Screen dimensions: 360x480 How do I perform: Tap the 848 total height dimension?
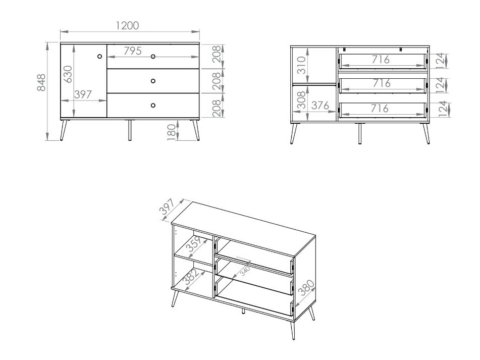(42, 82)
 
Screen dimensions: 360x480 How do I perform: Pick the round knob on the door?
(100, 57)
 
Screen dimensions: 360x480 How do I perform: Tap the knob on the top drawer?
(153, 56)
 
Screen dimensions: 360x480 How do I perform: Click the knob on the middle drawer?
(153, 81)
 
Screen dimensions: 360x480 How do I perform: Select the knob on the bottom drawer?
(153, 105)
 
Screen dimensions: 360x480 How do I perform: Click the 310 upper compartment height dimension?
(302, 66)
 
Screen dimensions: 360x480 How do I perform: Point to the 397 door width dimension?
(84, 94)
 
